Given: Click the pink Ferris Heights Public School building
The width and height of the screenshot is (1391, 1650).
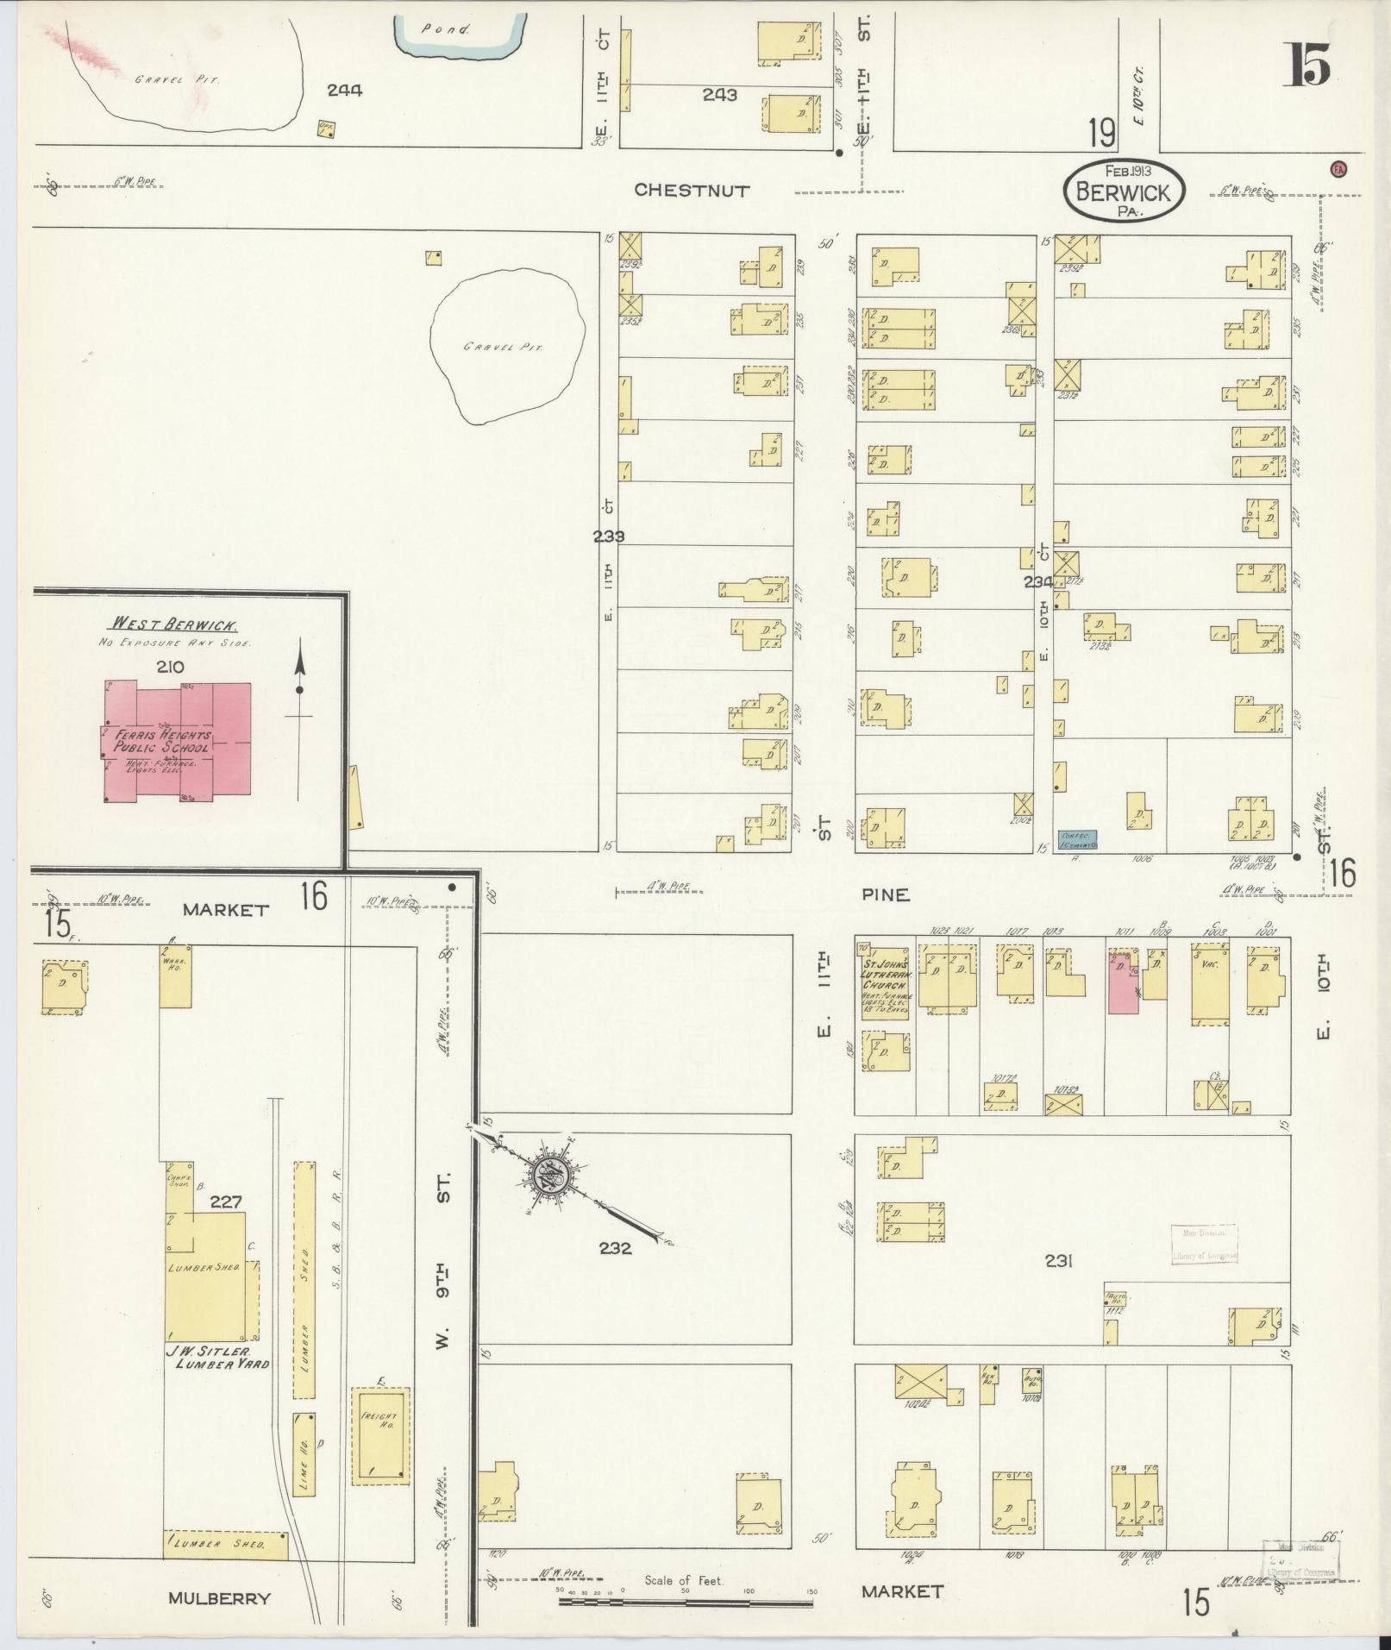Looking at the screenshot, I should coord(177,742).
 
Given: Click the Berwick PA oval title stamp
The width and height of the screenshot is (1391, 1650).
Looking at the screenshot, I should coord(1125,191).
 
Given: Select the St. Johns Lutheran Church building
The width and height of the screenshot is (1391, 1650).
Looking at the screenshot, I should coord(884,982).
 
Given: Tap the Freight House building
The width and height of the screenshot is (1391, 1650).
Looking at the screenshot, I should coord(379,1435).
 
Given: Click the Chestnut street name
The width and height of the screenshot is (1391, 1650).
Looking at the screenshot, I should coord(692,191).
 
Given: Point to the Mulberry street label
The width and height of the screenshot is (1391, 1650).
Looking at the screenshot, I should coord(219,1598).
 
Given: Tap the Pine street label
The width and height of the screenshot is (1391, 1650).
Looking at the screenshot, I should coord(886,895).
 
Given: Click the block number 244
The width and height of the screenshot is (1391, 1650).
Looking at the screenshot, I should coord(345,90).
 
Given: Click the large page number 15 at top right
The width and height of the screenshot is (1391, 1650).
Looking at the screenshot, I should coord(1309,65).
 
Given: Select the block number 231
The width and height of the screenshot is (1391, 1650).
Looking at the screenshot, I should coord(1058,1261).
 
